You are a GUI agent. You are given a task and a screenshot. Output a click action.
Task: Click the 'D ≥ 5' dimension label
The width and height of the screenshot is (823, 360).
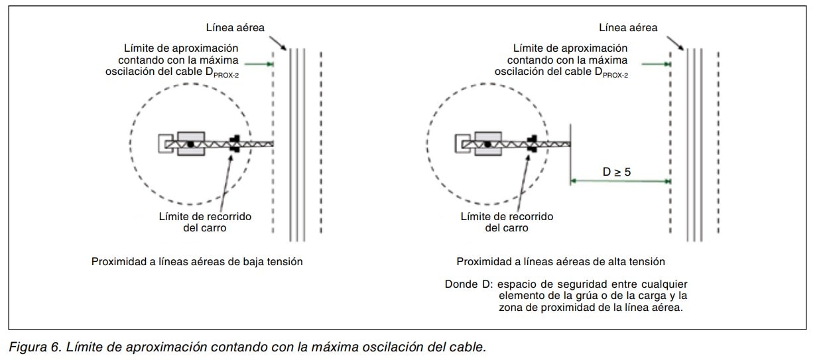point(617,172)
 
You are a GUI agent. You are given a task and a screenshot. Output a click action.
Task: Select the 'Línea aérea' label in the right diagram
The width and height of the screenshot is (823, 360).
point(628,27)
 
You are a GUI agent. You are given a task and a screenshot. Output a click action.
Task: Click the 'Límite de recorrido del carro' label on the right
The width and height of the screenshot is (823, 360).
point(507,222)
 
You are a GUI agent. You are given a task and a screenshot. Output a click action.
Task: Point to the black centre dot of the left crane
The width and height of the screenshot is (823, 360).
point(190,143)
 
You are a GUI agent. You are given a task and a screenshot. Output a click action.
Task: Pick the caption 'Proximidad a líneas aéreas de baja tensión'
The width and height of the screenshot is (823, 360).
point(197,262)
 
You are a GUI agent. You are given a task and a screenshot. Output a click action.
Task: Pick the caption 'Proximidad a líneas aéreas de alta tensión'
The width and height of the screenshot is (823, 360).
point(560,262)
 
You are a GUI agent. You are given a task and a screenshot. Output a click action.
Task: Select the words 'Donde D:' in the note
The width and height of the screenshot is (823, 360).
point(468,284)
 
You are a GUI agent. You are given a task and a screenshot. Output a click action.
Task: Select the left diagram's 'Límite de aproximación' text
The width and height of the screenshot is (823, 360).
point(182,48)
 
